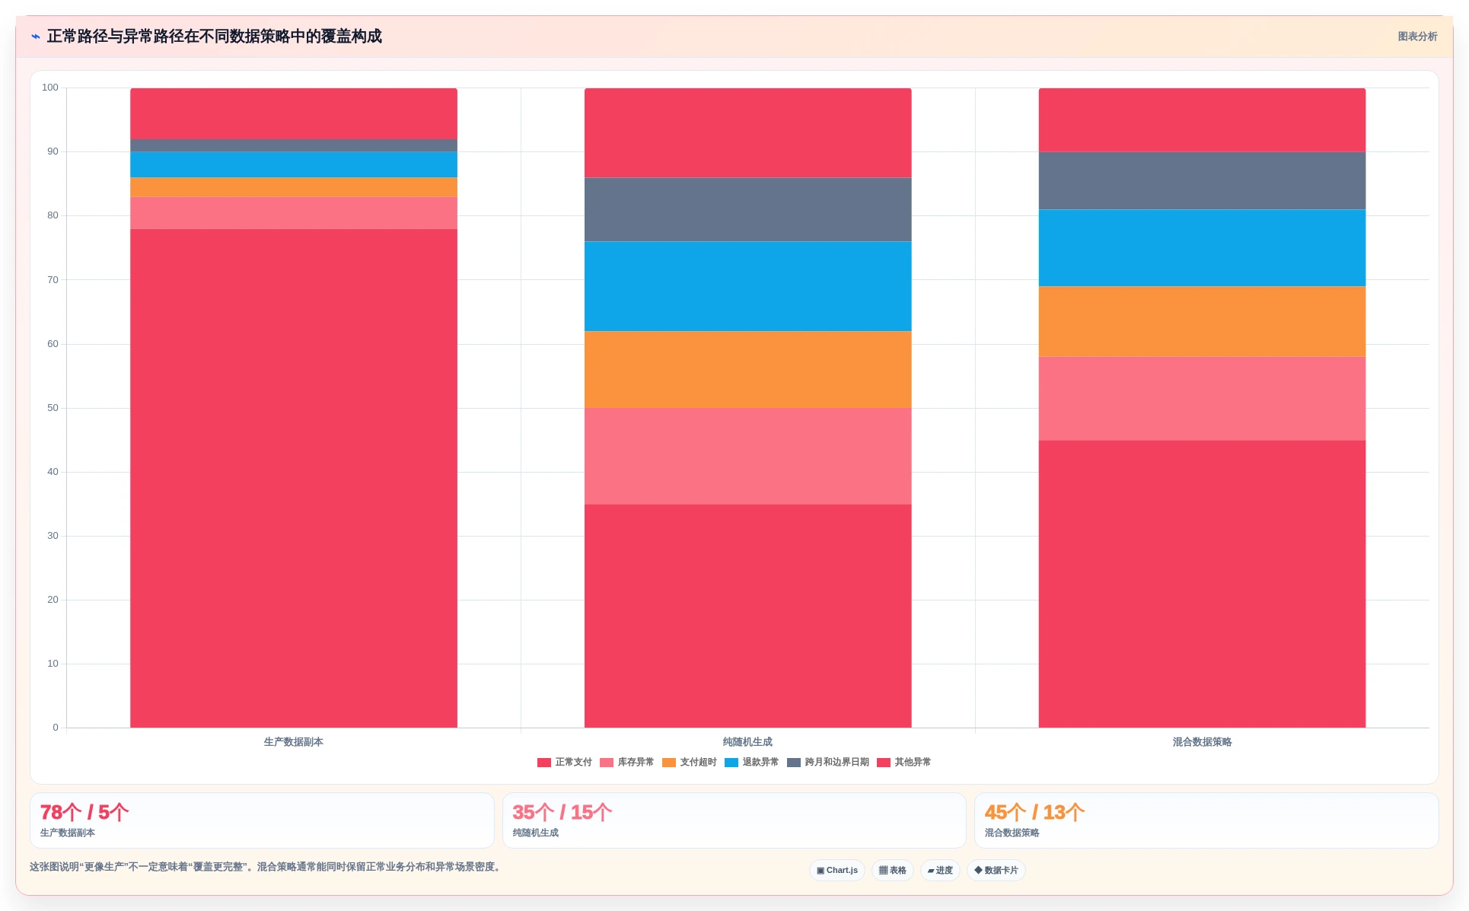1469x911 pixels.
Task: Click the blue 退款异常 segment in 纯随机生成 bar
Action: point(747,286)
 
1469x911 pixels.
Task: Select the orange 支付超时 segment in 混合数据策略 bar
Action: point(1202,322)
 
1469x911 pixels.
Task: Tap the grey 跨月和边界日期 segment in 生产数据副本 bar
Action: point(294,145)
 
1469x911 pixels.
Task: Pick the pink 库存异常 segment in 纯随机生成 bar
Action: point(747,456)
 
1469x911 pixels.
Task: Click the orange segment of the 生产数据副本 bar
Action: point(294,187)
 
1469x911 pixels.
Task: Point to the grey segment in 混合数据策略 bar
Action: point(1202,181)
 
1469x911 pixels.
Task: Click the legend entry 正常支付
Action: point(565,762)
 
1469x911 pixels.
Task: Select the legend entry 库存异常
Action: point(627,762)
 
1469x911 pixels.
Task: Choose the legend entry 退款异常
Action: point(752,762)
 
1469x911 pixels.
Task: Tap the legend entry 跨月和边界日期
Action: point(828,762)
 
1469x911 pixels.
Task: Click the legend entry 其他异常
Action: point(904,762)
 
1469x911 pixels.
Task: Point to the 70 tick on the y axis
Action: point(53,280)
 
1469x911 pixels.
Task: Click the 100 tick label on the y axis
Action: point(50,88)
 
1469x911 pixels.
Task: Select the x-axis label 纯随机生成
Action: point(747,742)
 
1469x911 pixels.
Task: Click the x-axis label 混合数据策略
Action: point(1202,742)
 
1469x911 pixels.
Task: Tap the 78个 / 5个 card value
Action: point(84,812)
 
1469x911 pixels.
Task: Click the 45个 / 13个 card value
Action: point(1034,812)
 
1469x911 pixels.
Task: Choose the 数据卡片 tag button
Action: point(996,870)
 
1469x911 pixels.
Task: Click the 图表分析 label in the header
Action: point(1417,37)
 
